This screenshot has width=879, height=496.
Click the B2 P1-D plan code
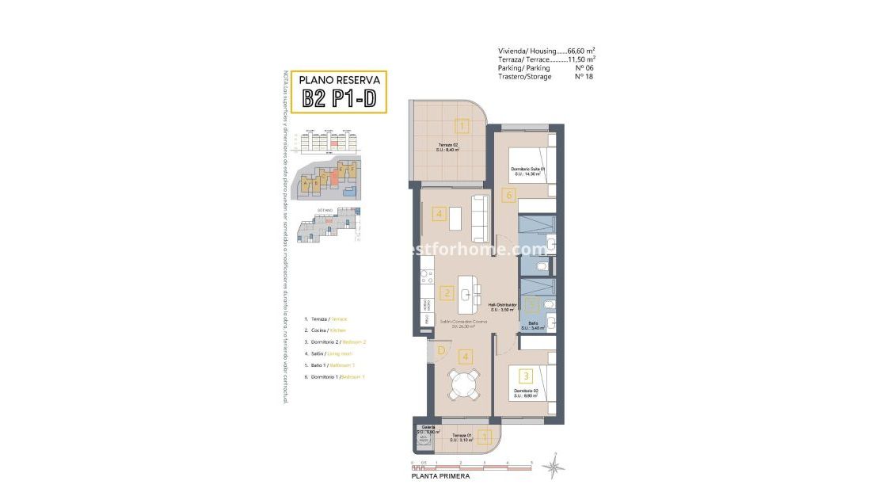pyautogui.click(x=339, y=98)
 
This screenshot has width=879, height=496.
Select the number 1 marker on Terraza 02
pyautogui.click(x=462, y=124)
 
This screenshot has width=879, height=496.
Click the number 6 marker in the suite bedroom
pyautogui.click(x=509, y=194)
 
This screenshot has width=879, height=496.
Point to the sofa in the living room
pyautogui.click(x=479, y=218)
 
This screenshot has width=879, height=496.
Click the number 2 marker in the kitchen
pyautogui.click(x=447, y=293)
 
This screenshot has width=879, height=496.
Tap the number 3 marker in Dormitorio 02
pyautogui.click(x=525, y=376)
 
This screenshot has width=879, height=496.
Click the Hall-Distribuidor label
pyautogui.click(x=502, y=307)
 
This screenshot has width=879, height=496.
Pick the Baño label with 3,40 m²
pyautogui.click(x=535, y=325)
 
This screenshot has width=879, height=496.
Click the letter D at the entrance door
pyautogui.click(x=440, y=350)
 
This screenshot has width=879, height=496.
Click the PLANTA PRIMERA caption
pyautogui.click(x=439, y=476)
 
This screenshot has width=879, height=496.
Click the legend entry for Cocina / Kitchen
pyautogui.click(x=325, y=330)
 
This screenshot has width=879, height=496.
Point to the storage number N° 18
pyautogui.click(x=584, y=77)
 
